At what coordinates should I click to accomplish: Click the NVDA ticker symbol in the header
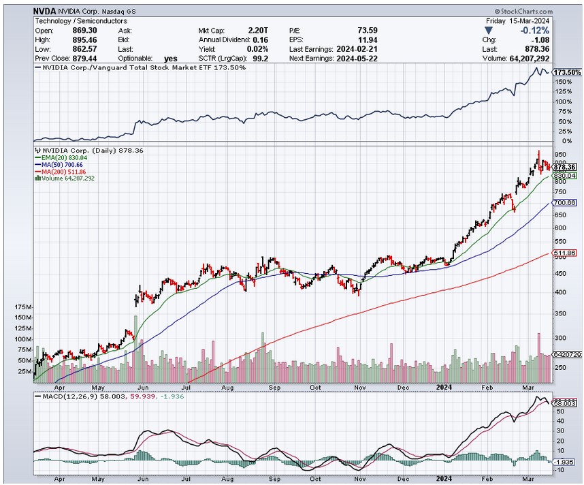tap(45, 12)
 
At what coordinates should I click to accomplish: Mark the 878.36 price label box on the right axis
tap(565, 167)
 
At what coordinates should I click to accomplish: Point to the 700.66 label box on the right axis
tap(565, 203)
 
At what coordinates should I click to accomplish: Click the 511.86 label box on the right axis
tap(565, 253)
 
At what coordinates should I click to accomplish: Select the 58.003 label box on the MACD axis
tap(565, 403)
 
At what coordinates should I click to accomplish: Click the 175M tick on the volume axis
tap(22, 308)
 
